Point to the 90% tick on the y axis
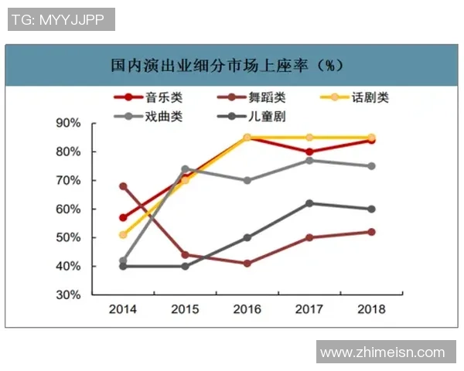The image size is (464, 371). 69,123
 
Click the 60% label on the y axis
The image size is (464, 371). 69,209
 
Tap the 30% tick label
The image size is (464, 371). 69,295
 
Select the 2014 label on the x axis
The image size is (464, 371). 124,309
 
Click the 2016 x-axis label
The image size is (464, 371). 247,309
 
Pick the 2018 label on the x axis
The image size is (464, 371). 371,309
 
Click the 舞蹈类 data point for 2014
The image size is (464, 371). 124,186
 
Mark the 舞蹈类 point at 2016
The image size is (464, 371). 247,264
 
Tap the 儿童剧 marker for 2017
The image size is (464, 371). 309,203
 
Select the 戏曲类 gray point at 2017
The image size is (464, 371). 309,160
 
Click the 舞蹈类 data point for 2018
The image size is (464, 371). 371,232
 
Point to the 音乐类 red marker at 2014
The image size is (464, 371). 124,218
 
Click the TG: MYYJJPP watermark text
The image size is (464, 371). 61,19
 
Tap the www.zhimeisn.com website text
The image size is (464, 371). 383,352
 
